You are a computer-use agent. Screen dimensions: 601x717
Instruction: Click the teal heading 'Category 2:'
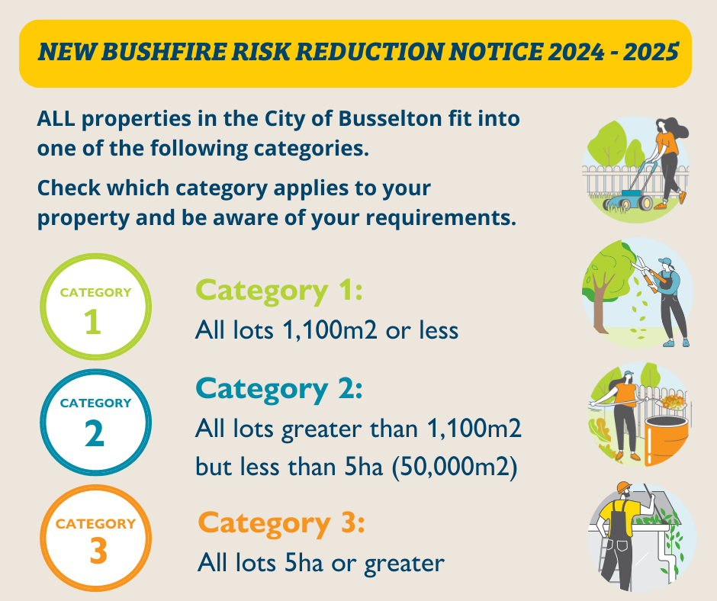point(278,388)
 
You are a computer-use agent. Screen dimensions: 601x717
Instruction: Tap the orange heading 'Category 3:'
point(281,523)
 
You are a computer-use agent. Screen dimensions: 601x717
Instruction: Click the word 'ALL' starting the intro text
point(56,120)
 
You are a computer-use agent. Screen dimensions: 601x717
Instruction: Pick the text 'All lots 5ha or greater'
point(320,563)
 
